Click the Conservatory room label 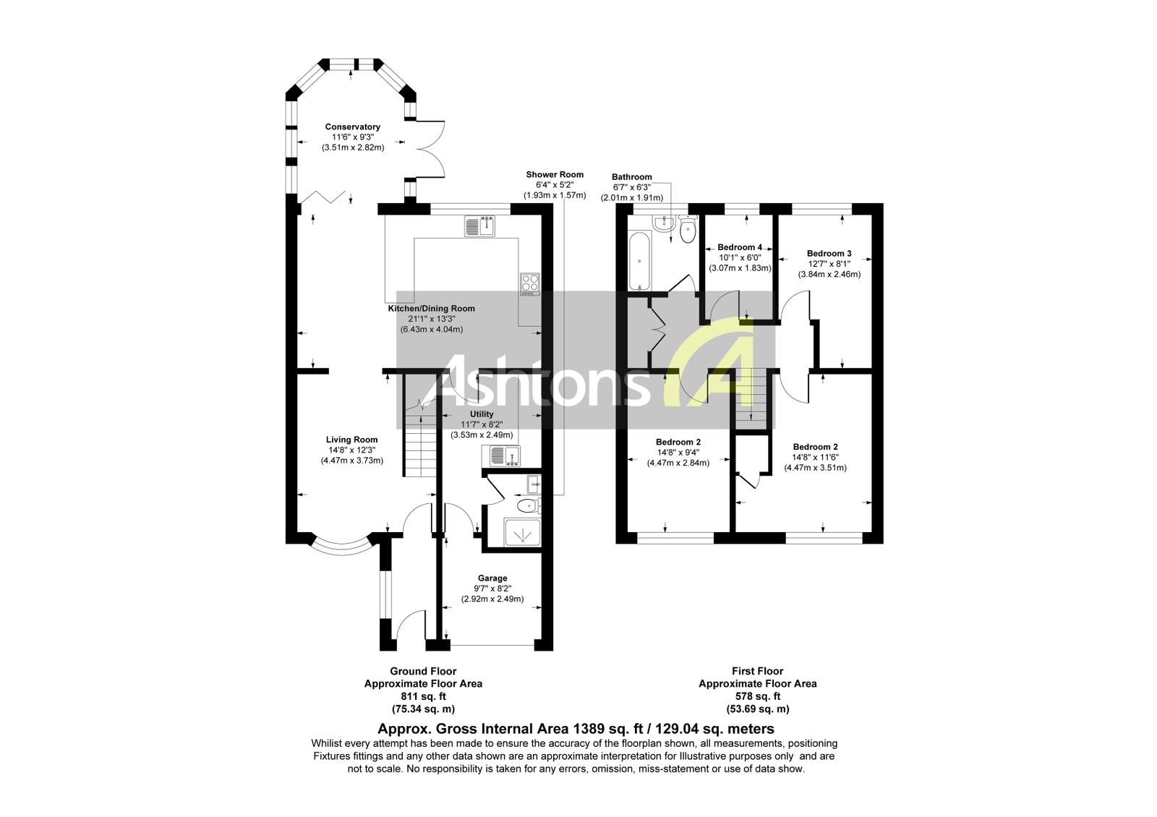coord(352,127)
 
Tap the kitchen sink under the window coord(479,227)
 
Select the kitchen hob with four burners coord(529,283)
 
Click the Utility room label coord(482,414)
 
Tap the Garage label coord(492,578)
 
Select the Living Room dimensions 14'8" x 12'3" coord(352,450)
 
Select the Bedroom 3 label coord(829,254)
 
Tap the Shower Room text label coord(555,175)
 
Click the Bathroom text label coord(631,177)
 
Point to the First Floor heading coord(757,672)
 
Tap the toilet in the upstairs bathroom coord(688,232)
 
